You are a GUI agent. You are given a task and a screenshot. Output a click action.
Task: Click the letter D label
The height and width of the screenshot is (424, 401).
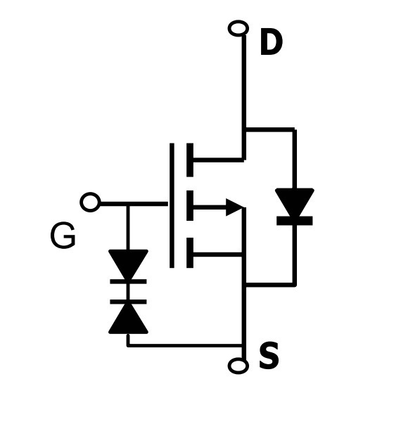(x=271, y=42)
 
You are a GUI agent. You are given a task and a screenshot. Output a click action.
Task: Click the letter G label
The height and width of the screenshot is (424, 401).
(x=63, y=236)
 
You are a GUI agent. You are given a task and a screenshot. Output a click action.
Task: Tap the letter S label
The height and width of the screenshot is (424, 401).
(x=269, y=355)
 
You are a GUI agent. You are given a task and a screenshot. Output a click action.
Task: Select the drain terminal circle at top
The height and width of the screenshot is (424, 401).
(x=238, y=28)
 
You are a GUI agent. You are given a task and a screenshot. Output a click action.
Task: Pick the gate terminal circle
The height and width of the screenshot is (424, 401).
(x=90, y=203)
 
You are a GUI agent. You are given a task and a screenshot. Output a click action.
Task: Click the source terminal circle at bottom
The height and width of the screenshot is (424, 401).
(x=238, y=366)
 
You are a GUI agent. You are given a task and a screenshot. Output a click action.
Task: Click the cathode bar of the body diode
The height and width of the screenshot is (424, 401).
(x=294, y=221)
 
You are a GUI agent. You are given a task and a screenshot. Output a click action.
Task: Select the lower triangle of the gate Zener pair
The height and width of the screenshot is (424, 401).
(x=128, y=319)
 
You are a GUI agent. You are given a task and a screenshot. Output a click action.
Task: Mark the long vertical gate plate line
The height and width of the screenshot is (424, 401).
(x=172, y=205)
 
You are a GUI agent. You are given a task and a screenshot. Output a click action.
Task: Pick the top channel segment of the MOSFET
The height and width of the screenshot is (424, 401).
(x=190, y=160)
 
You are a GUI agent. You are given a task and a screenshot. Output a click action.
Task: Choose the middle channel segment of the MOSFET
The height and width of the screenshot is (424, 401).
(x=190, y=205)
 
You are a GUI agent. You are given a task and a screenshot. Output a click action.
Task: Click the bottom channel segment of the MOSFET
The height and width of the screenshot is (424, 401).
(x=190, y=253)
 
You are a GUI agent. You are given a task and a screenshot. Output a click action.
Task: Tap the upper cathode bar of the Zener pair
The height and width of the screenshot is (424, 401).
(x=128, y=281)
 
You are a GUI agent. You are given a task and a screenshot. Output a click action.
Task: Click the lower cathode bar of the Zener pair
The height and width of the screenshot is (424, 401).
(x=128, y=302)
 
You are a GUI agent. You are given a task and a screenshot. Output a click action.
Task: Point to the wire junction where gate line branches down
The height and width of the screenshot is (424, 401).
(x=128, y=204)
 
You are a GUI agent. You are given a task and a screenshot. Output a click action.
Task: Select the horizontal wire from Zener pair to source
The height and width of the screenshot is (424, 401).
(x=185, y=345)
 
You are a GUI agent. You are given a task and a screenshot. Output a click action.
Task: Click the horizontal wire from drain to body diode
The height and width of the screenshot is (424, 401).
(x=270, y=129)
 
